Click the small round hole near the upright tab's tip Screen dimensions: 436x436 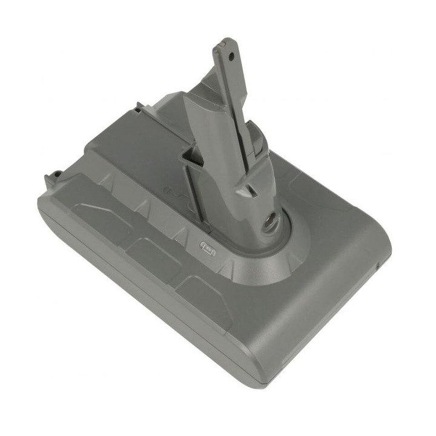tap(230, 54)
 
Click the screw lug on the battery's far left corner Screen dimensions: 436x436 tap(56, 176)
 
